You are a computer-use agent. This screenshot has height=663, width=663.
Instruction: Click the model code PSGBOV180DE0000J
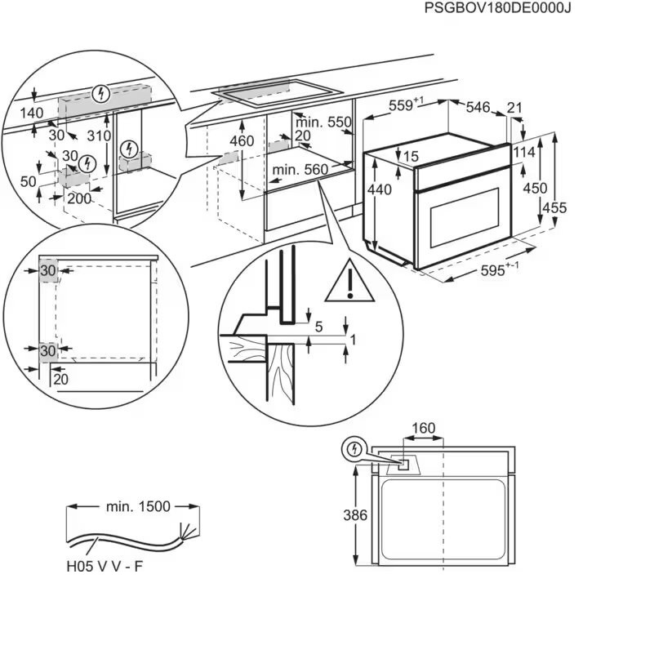498,8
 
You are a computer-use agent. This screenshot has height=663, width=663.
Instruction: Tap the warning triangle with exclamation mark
349,280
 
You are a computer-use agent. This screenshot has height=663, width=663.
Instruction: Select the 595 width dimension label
500,269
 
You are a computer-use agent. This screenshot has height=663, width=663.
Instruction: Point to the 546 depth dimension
478,108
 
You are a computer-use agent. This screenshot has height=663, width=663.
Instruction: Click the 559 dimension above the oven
406,105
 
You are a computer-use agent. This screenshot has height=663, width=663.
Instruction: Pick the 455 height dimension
554,207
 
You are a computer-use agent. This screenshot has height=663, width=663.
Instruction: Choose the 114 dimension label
524,152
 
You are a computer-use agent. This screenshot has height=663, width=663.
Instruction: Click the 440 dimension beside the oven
380,190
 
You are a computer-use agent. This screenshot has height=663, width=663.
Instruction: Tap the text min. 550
323,122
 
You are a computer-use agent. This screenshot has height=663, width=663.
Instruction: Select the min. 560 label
300,170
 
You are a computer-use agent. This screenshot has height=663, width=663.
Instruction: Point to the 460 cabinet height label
242,140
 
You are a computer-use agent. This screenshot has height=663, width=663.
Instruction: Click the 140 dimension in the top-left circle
32,113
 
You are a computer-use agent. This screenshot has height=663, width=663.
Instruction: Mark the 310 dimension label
99,136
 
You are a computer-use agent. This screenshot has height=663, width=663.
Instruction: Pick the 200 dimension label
79,198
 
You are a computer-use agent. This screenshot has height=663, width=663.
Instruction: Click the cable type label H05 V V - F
105,566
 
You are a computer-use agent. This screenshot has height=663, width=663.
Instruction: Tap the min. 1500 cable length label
138,506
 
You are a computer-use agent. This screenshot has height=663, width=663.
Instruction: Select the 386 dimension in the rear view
355,515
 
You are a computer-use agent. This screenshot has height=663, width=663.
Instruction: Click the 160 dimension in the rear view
423,428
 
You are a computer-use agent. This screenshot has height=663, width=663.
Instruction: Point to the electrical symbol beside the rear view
354,449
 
